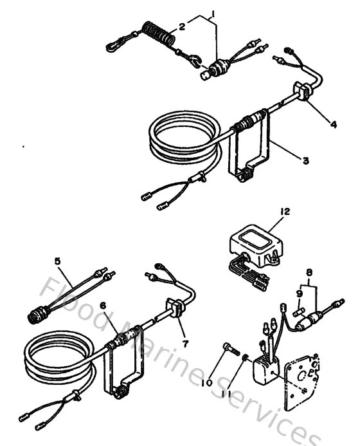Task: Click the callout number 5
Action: click(x=59, y=261)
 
